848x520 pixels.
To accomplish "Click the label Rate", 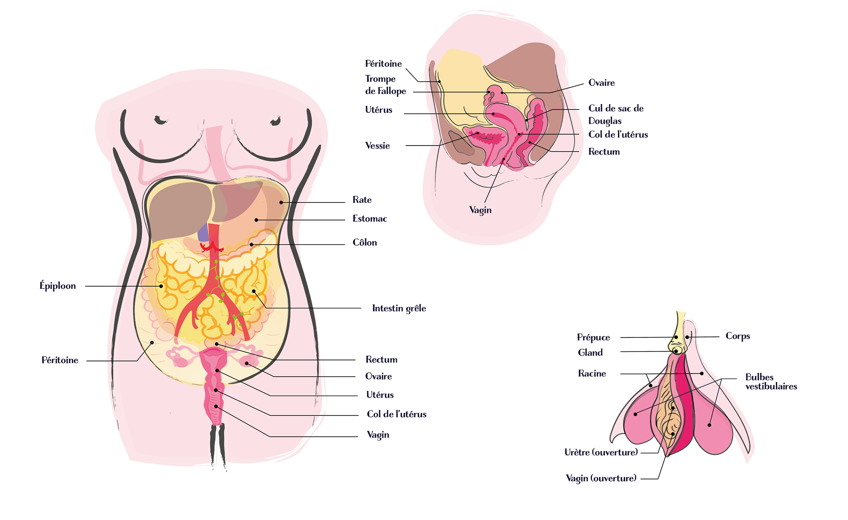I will click(362, 200).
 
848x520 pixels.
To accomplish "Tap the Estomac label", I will click(369, 219).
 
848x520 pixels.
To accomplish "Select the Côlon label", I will click(364, 243).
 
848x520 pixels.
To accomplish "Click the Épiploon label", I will click(57, 286).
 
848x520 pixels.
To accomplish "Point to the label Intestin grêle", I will click(399, 308).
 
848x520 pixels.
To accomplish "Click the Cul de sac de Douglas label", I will click(616, 114).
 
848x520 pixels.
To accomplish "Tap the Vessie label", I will click(377, 146).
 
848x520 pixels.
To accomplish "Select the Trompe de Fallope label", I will click(385, 85).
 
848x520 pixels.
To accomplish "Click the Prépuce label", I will click(593, 337).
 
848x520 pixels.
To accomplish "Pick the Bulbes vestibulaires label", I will click(771, 382).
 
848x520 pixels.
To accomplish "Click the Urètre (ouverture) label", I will click(601, 452).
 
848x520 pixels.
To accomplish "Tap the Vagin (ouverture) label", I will click(601, 478).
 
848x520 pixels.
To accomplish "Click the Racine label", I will click(592, 374).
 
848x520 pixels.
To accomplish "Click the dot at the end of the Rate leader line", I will click(281, 202).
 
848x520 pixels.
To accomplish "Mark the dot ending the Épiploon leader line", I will click(161, 286).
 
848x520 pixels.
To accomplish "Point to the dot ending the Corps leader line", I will click(687, 337).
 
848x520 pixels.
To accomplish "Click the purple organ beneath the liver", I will click(203, 233).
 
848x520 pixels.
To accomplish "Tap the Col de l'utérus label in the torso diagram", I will click(396, 414).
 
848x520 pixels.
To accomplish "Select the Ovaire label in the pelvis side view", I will click(601, 83).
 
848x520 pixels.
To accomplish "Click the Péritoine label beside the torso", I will click(60, 360).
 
